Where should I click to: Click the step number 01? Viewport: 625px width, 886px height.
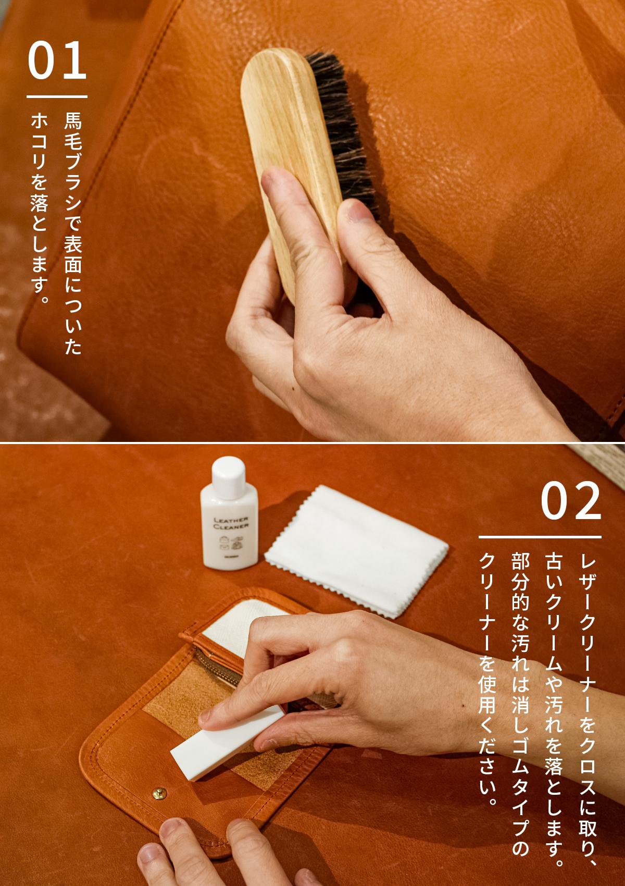point(57,60)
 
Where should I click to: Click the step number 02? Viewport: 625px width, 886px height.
point(571,500)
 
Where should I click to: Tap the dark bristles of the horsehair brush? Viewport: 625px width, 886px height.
point(344,134)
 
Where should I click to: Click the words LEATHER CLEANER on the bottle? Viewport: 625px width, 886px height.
point(231,523)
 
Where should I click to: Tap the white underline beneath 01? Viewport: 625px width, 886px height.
point(57,96)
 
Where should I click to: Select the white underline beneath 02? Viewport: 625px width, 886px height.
point(540,537)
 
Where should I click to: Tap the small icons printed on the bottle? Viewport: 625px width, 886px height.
point(230,543)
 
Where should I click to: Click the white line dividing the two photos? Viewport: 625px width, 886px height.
point(312,442)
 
